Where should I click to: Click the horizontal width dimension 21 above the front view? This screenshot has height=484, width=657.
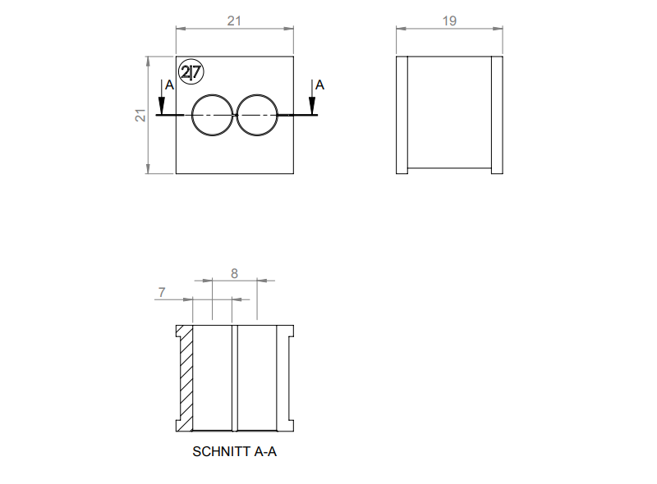(234, 21)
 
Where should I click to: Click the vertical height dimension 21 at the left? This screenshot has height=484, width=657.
(140, 116)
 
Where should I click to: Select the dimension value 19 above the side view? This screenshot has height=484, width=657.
(449, 21)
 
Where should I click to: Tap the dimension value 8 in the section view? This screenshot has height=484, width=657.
(234, 274)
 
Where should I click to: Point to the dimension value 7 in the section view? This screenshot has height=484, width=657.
(162, 292)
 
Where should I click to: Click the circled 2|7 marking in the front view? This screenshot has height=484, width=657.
(191, 73)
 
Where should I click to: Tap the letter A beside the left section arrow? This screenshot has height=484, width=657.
(168, 84)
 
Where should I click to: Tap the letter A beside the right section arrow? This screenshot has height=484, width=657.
(319, 84)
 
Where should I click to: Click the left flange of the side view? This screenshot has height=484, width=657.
(402, 115)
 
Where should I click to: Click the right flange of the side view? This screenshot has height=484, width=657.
(497, 115)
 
